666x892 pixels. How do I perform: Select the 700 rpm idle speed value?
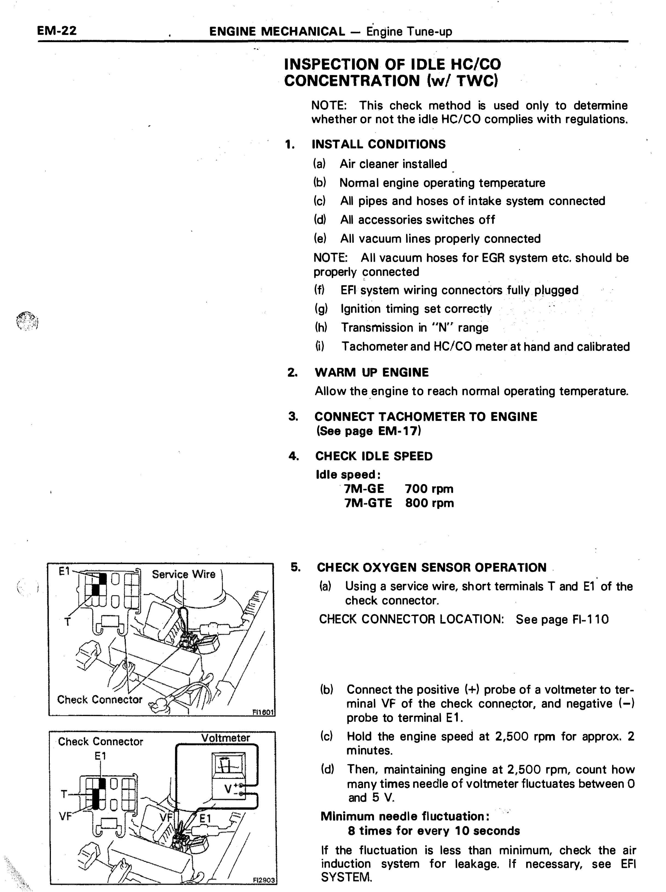tap(429, 489)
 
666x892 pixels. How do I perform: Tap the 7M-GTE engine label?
tap(368, 503)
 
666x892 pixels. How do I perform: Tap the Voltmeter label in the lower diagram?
tap(225, 738)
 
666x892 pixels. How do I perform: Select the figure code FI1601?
tap(263, 712)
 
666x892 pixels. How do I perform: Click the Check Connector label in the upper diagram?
tap(100, 699)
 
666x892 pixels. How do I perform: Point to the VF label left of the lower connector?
tap(65, 817)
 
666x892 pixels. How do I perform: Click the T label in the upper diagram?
tap(67, 622)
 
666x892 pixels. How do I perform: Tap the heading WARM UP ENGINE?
tap(372, 372)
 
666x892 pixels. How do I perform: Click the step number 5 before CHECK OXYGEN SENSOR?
tap(296, 567)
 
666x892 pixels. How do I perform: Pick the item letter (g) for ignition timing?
tap(321, 309)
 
